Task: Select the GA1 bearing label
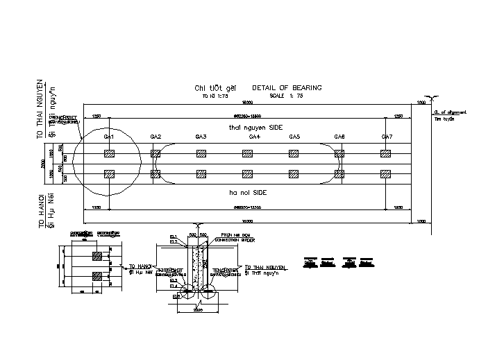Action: coord(108,137)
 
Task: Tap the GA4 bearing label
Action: coord(254,137)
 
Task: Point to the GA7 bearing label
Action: coord(387,137)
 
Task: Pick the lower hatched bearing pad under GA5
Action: coord(294,173)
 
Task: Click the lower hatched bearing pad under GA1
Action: coord(108,173)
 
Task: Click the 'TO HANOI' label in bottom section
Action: coord(141,266)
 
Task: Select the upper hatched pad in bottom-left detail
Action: coord(98,257)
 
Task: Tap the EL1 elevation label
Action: coord(174,237)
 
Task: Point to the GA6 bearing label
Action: coord(339,137)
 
